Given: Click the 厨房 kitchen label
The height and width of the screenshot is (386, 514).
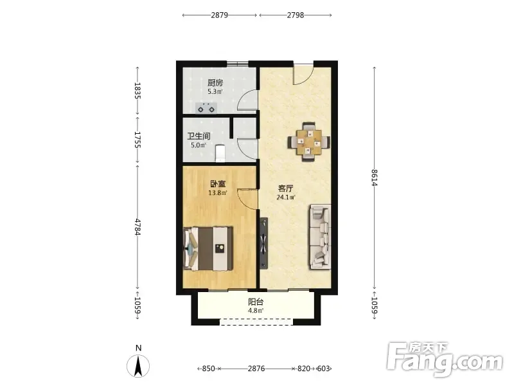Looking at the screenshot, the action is tap(215, 83).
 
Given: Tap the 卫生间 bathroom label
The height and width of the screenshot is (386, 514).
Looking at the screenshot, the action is tap(199, 136).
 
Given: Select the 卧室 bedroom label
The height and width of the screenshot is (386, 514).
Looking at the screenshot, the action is tap(218, 184).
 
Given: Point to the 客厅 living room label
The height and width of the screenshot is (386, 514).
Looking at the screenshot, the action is tap(285, 188).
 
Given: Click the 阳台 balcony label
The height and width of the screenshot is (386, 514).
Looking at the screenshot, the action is tap(256, 302).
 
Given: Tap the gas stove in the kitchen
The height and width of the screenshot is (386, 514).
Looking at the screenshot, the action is tap(206, 108).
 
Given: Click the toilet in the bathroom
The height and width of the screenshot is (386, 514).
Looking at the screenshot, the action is tap(220, 153).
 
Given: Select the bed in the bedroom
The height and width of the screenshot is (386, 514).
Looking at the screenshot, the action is tap(208, 248).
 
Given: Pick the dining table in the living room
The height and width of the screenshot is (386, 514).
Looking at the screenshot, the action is tap(309, 142).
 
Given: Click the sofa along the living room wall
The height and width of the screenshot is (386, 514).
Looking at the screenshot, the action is tap(319, 237).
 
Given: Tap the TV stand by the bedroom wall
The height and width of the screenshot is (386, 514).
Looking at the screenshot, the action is tap(263, 243).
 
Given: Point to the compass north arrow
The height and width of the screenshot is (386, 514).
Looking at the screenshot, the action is tap(138, 365).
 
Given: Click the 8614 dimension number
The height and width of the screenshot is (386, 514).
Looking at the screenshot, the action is tap(375, 178).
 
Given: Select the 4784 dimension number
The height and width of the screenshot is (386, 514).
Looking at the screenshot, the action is tap(137, 227).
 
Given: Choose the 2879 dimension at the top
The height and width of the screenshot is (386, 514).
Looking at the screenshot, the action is tap(219, 15).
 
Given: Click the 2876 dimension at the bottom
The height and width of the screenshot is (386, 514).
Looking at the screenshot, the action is tap(256, 369).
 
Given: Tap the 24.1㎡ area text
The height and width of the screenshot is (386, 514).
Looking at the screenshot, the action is tap(286, 198).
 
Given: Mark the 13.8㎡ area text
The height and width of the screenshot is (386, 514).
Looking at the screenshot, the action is tap(218, 193).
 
